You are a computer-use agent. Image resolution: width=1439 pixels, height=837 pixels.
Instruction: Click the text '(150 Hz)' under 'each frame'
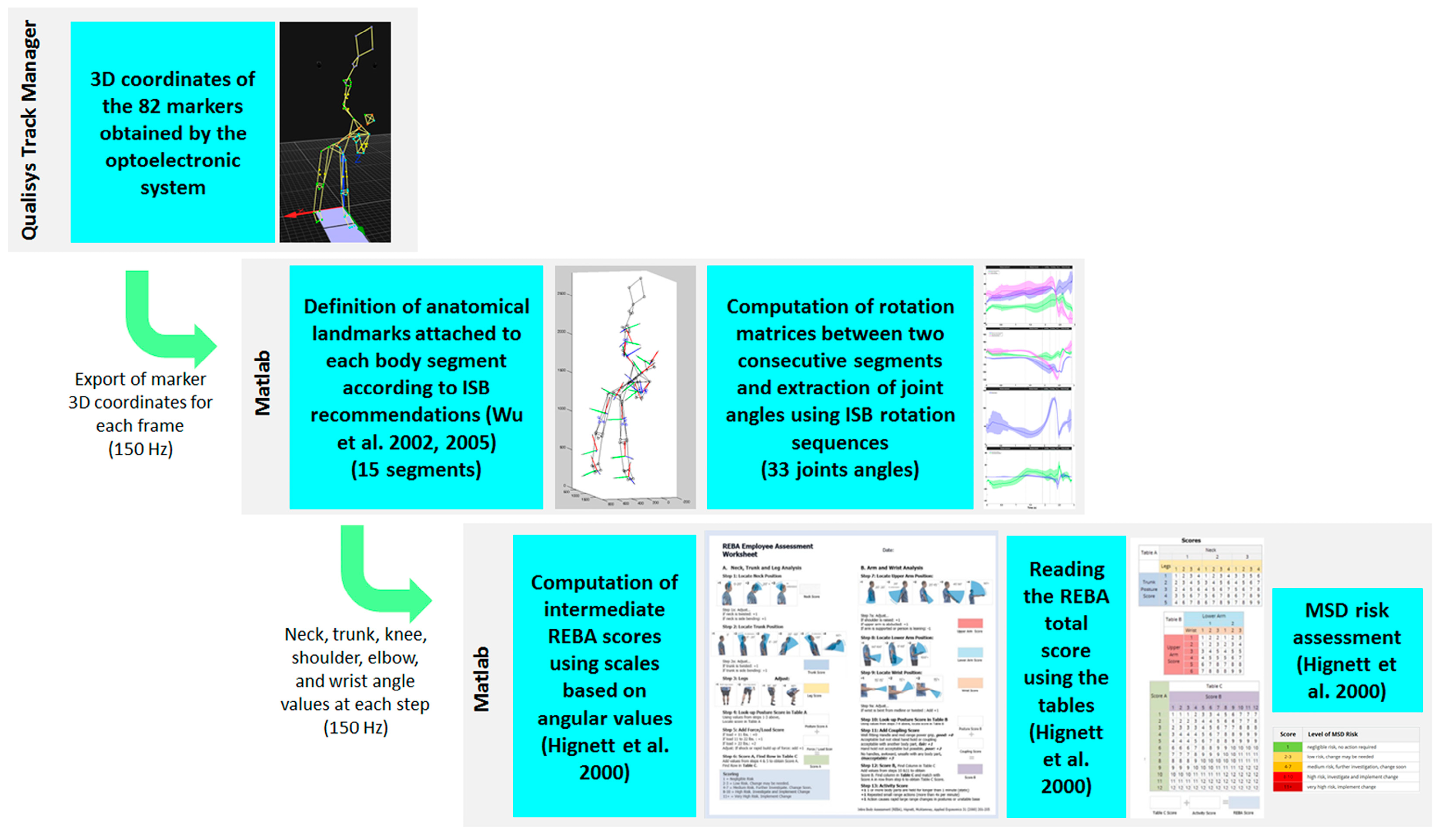pos(140,449)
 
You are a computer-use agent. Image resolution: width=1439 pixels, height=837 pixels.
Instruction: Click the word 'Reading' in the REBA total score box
pos(1066,569)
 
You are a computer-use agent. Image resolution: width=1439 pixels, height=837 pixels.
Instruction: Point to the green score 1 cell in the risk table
pos(1287,747)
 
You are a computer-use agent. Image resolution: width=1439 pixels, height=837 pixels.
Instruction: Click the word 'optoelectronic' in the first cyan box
pos(173,160)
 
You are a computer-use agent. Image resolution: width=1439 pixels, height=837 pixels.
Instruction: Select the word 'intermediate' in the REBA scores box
pos(604,609)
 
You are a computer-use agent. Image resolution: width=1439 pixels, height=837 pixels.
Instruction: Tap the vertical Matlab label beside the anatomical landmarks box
pos(262,383)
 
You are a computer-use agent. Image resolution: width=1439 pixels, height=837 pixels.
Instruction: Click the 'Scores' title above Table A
pos(1191,540)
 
